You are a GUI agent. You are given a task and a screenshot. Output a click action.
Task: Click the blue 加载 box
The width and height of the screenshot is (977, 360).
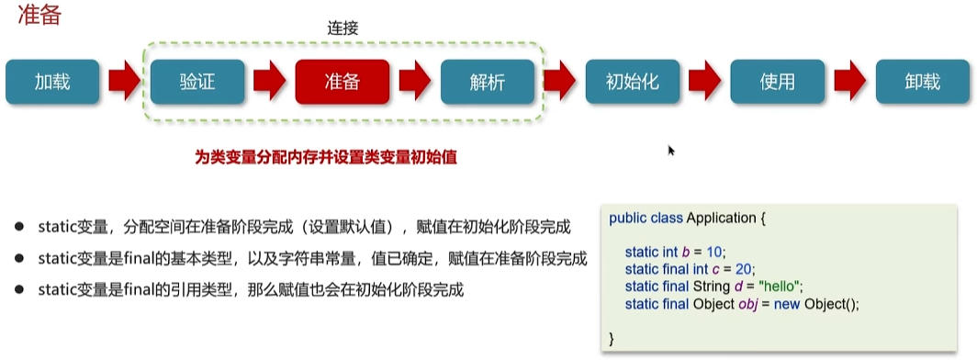pyautogui.click(x=52, y=82)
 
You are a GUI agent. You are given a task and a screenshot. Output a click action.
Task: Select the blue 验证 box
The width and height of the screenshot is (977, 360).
pyautogui.click(x=197, y=82)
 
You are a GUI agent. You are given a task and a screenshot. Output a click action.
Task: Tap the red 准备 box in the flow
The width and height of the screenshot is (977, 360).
pyautogui.click(x=342, y=82)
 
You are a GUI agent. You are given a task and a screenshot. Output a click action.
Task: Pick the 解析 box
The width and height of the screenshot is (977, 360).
pyautogui.click(x=487, y=82)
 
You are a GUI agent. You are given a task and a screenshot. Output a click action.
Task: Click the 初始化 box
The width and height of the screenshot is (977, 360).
pyautogui.click(x=632, y=82)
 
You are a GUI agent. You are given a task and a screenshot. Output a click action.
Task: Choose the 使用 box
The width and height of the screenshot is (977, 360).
pyautogui.click(x=777, y=82)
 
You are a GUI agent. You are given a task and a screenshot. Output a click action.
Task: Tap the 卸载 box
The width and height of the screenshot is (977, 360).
pyautogui.click(x=922, y=82)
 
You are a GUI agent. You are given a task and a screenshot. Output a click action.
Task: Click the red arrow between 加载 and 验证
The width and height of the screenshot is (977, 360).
pyautogui.click(x=125, y=82)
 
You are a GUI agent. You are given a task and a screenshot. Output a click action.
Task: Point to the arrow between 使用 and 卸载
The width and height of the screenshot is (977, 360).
pyautogui.click(x=849, y=82)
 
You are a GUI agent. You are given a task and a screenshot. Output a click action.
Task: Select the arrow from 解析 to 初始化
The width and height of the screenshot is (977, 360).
pyautogui.click(x=559, y=82)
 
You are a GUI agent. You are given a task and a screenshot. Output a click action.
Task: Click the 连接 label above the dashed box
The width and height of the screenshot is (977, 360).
pyautogui.click(x=343, y=28)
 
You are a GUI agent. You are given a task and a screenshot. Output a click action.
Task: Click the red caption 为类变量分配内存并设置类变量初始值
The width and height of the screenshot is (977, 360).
pyautogui.click(x=326, y=157)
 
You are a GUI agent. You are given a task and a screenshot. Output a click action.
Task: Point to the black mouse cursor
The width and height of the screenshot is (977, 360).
pyautogui.click(x=671, y=150)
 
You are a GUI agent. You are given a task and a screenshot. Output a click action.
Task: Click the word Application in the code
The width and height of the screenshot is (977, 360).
pyautogui.click(x=721, y=219)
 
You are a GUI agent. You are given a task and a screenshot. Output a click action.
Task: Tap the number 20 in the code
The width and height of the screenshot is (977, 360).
pyautogui.click(x=746, y=269)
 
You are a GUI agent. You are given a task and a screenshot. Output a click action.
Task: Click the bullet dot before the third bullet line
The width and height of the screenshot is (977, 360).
pyautogui.click(x=19, y=289)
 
